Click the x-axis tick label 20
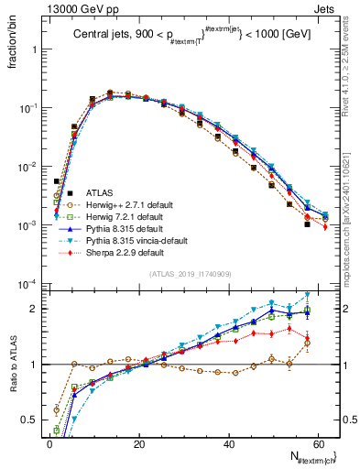click(140, 442)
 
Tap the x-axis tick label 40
click(231, 442)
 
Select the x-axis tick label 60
click(322, 442)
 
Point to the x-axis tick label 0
click(49, 442)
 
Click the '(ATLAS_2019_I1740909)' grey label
click(191, 274)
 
